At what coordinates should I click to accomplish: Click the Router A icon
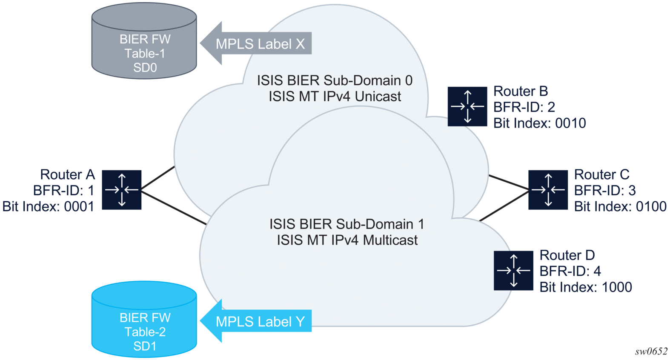[122, 190]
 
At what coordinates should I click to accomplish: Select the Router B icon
[467, 106]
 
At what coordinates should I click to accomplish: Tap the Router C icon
[548, 190]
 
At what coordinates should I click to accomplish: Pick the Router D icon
[513, 271]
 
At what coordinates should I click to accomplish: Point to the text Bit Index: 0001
[49, 206]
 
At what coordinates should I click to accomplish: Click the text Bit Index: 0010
[539, 123]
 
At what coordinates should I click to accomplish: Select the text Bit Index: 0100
[620, 206]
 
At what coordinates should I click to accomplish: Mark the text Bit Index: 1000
[586, 287]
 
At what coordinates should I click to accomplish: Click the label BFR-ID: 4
[570, 271]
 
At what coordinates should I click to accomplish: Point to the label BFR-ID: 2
[524, 107]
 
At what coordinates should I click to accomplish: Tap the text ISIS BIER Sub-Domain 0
[335, 80]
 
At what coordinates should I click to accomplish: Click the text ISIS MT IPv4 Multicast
[347, 240]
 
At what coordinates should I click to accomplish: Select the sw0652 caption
[651, 351]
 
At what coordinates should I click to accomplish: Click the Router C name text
[601, 174]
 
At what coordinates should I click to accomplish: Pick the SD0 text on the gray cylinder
[145, 68]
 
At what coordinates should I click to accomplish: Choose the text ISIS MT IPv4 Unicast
[335, 97]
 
